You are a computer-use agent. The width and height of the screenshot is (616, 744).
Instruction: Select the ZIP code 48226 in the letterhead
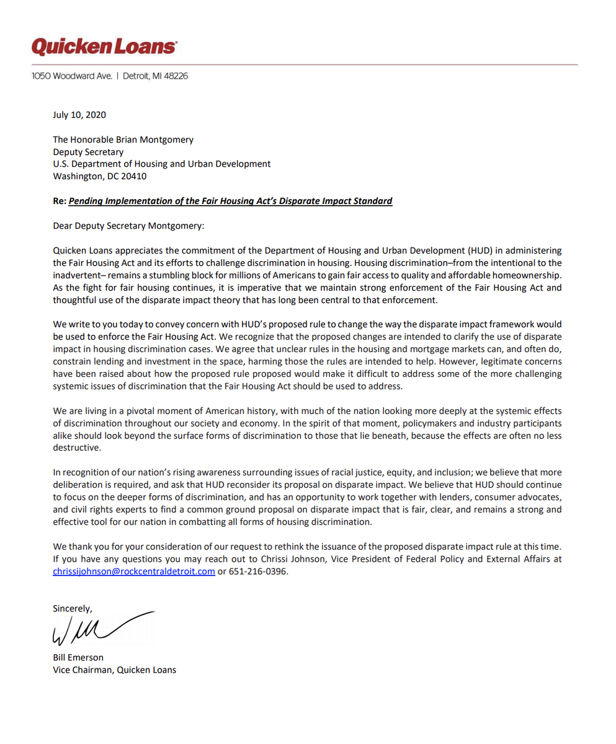176,76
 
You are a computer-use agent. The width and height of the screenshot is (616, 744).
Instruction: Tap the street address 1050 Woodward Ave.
72,76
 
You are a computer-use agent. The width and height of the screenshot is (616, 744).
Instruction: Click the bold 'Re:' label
60,201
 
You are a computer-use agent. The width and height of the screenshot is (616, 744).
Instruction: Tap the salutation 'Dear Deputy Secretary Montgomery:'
128,226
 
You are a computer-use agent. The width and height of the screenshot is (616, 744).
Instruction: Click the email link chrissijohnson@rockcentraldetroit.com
134,572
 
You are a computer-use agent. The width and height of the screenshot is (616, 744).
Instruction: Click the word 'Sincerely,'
73,609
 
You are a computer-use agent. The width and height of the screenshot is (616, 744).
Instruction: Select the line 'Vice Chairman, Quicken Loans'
115,670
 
